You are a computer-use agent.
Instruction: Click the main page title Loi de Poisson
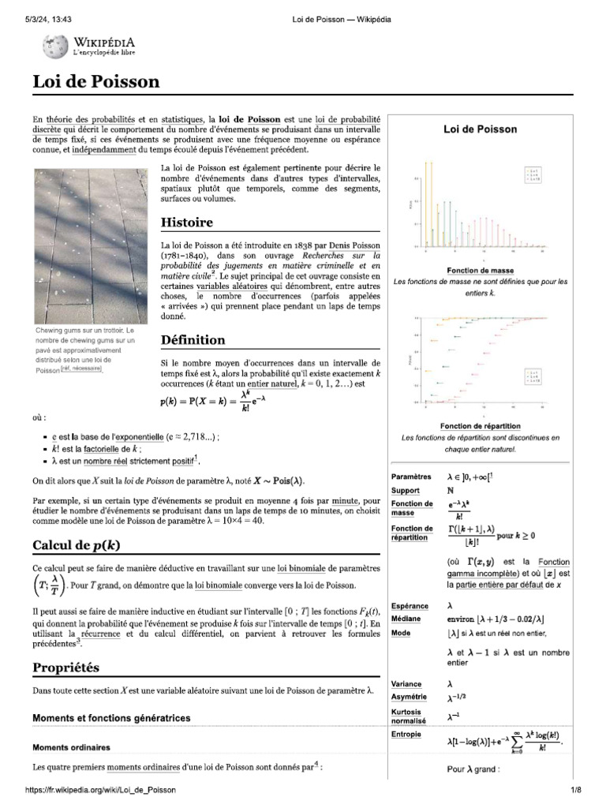coord(95,81)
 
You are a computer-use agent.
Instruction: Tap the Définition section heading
coord(193,340)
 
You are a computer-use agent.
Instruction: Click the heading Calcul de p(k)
coord(77,545)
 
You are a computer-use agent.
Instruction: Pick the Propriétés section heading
coord(65,668)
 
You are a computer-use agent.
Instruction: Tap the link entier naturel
coord(268,383)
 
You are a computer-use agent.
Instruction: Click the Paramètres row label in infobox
coord(411,477)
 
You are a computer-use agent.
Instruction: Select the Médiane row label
coord(407,619)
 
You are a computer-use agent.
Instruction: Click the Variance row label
coord(407,684)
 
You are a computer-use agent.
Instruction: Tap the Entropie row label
coord(407,734)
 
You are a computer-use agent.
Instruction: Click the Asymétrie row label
coord(409,697)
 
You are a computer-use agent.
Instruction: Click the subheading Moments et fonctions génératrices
coord(110,718)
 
